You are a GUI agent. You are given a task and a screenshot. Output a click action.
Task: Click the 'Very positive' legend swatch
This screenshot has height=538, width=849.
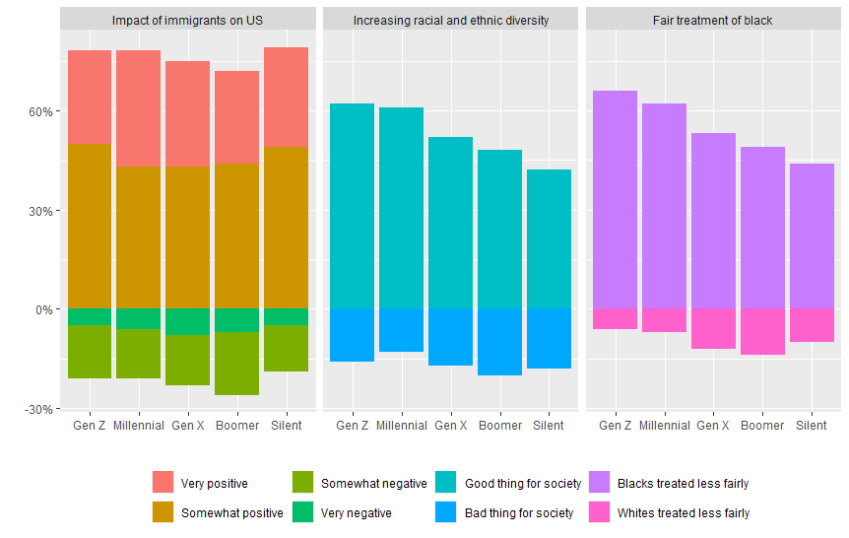(x=163, y=483)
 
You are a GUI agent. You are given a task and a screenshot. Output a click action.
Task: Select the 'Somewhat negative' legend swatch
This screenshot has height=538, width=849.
(x=304, y=483)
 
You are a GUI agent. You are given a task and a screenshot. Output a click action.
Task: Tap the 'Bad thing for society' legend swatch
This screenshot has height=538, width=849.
(x=446, y=512)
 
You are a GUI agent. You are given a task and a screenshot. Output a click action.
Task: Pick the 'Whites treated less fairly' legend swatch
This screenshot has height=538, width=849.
(x=600, y=512)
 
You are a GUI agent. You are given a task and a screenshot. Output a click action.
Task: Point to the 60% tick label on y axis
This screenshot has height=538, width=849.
(x=37, y=111)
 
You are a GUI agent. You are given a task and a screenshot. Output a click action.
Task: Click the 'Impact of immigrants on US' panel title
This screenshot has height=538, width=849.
(x=187, y=20)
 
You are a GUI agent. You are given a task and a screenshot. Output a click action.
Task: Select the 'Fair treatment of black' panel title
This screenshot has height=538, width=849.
(x=712, y=20)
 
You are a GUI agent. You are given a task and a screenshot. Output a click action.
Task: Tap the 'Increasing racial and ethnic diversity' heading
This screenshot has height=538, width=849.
(x=451, y=20)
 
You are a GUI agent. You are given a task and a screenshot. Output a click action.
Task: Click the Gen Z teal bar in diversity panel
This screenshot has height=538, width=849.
(x=352, y=206)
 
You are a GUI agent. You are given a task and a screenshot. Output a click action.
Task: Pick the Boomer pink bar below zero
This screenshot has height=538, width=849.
(x=762, y=331)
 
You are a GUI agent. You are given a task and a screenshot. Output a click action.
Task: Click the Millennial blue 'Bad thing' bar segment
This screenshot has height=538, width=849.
(x=401, y=330)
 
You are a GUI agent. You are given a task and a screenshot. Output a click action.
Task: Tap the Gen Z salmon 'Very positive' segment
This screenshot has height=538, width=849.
(x=90, y=97)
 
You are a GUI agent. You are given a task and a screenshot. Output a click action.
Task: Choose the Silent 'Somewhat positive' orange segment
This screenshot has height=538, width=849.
(x=286, y=228)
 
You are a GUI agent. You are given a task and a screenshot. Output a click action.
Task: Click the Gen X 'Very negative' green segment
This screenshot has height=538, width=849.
(x=187, y=321)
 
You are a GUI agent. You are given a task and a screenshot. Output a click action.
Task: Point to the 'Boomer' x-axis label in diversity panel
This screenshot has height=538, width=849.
(x=499, y=426)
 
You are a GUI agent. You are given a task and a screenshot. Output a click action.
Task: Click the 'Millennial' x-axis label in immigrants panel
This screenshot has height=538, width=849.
(x=139, y=426)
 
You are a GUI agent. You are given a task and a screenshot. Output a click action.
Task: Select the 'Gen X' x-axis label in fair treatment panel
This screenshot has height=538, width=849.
(x=713, y=426)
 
